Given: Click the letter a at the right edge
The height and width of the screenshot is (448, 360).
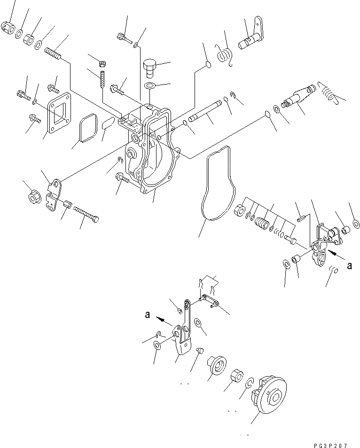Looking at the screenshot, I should coord(349,265).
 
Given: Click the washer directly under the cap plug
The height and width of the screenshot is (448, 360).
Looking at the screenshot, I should coord(150,86).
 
